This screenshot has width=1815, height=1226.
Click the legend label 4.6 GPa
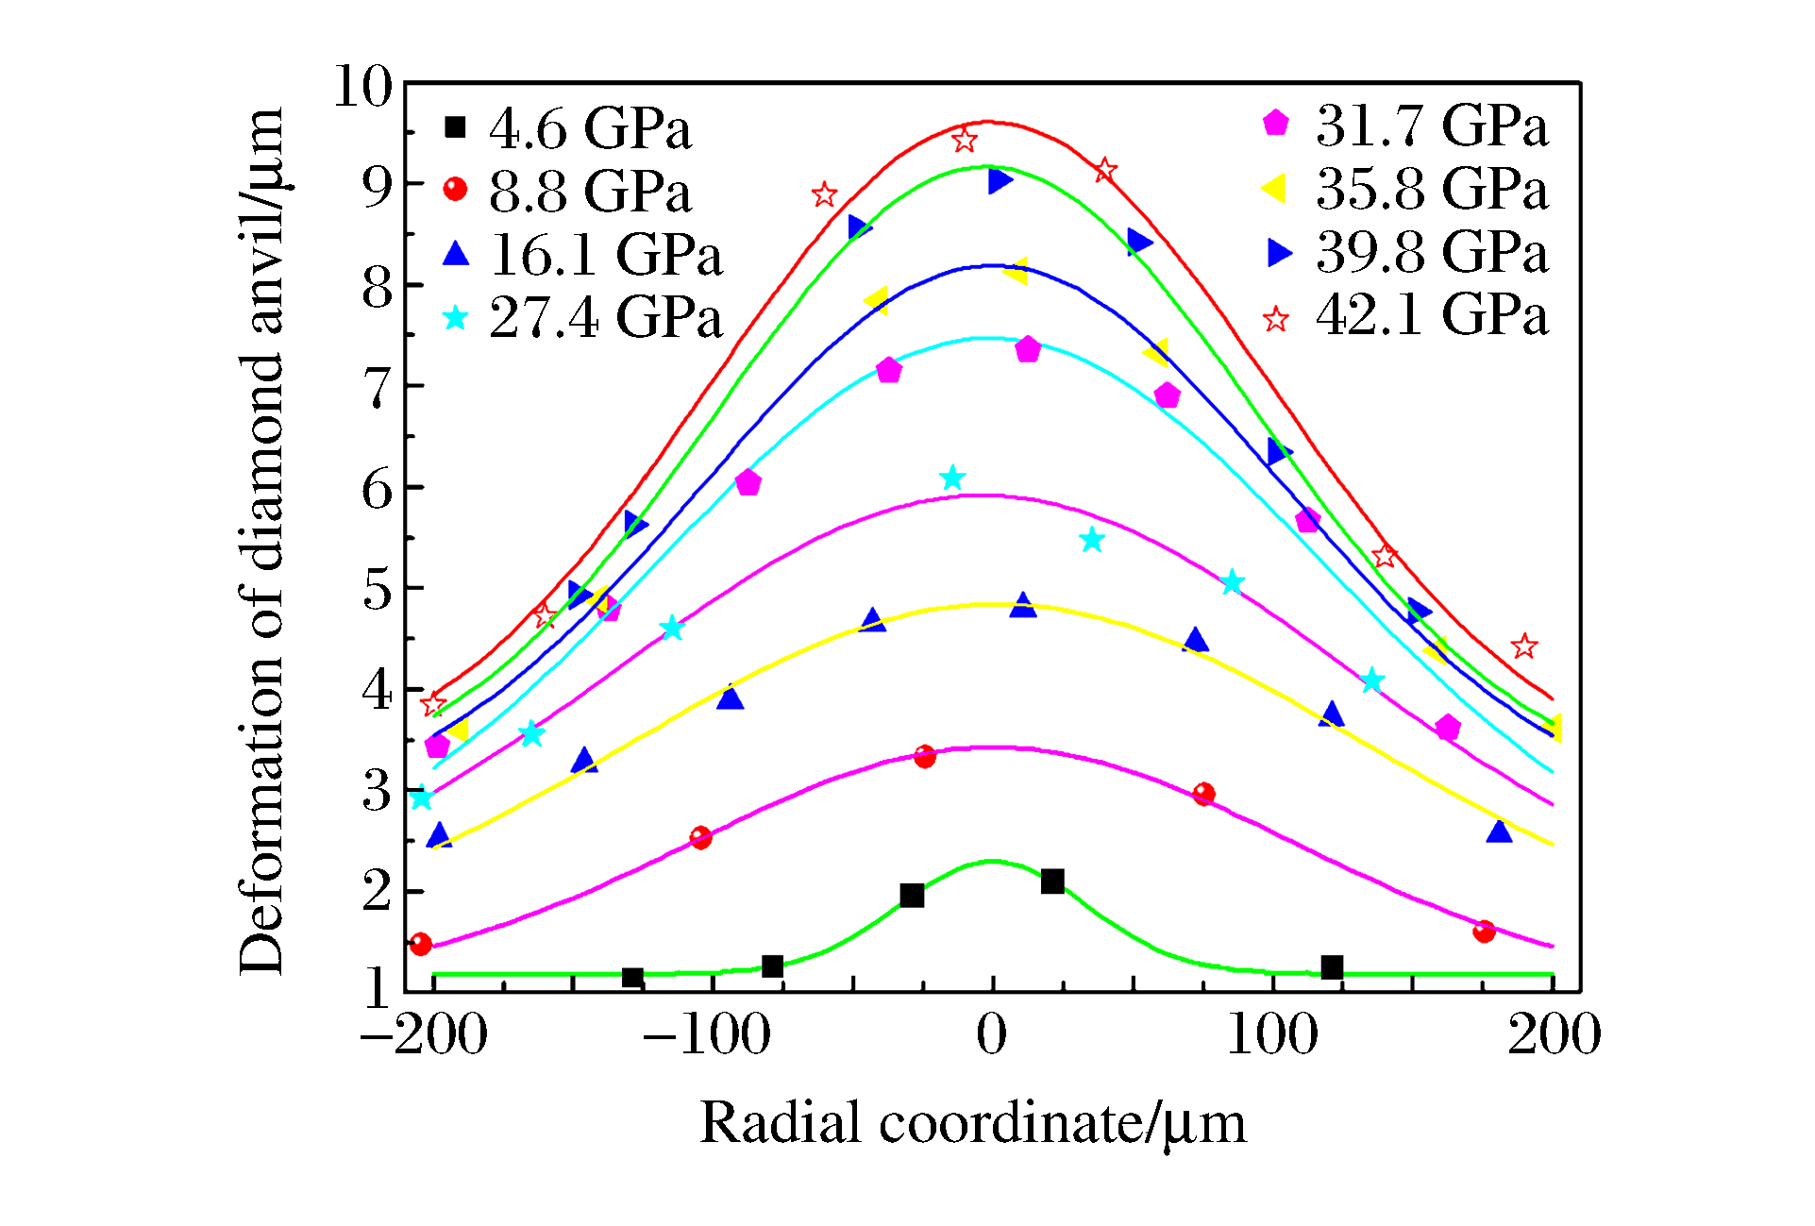pyautogui.click(x=590, y=128)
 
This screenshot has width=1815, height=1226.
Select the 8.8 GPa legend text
pyautogui.click(x=590, y=192)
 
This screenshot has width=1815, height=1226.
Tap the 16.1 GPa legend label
pyautogui.click(x=606, y=255)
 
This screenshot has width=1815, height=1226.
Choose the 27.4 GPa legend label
pyautogui.click(x=606, y=317)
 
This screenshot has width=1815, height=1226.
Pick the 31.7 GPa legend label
pyautogui.click(x=1432, y=126)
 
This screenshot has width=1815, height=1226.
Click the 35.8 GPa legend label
pyautogui.click(x=1432, y=189)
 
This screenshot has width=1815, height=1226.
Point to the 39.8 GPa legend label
pyautogui.click(x=1432, y=252)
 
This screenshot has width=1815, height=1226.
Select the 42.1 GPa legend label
pyautogui.click(x=1432, y=314)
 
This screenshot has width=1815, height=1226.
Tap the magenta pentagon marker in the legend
pyautogui.click(x=1276, y=124)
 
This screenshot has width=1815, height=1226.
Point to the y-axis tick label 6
pyautogui.click(x=377, y=489)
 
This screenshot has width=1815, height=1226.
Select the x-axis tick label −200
pyautogui.click(x=424, y=1034)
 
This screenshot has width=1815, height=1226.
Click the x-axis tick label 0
pyautogui.click(x=991, y=1034)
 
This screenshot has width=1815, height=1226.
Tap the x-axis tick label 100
pyautogui.click(x=1272, y=1034)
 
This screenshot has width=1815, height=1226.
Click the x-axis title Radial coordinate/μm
pyautogui.click(x=972, y=1123)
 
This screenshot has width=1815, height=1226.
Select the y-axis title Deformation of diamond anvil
pyautogui.click(x=262, y=540)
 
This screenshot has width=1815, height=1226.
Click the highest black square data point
pyautogui.click(x=1052, y=882)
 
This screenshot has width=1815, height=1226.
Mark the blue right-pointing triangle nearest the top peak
pyautogui.click(x=1000, y=180)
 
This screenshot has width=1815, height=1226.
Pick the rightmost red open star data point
pyautogui.click(x=1524, y=647)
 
